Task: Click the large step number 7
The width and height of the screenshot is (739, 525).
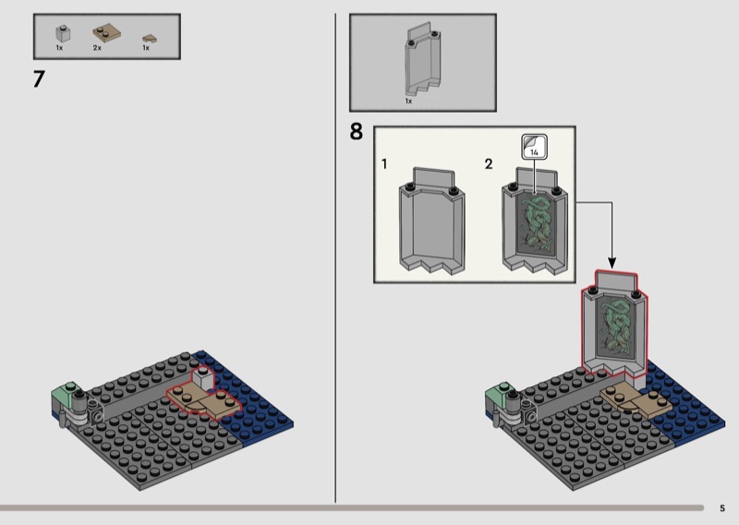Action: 39,79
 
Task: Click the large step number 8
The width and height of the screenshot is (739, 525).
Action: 357,131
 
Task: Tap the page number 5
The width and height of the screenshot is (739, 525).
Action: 722,508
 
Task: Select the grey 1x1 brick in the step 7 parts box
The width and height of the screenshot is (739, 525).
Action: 63,33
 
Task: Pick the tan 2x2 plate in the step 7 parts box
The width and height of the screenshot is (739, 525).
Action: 106,32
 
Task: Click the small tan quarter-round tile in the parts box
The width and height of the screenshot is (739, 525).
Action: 150,39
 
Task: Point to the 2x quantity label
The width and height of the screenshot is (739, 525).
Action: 97,48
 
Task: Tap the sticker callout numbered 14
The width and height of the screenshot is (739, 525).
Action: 534,147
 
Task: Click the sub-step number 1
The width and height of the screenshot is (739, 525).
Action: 384,165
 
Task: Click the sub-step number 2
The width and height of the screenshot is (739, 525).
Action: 489,165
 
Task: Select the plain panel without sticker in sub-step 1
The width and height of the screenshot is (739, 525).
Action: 432,220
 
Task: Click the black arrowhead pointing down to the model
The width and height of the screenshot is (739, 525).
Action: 612,262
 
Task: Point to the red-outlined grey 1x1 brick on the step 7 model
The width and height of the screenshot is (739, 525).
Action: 202,379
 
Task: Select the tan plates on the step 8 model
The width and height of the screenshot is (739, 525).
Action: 636,400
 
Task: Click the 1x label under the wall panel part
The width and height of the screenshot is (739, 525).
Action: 408,101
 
